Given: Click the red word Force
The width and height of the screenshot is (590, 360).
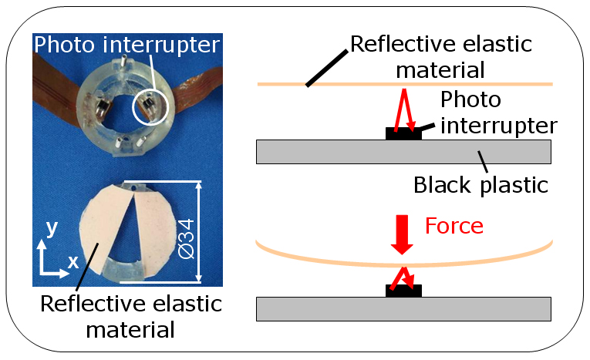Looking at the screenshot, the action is pos(454,226).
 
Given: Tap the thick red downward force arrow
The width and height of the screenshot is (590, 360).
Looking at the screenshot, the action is pos(402,234).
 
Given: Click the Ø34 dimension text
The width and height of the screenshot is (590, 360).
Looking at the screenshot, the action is pos(187,239).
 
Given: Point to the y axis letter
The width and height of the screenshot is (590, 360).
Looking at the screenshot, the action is pos(52,228).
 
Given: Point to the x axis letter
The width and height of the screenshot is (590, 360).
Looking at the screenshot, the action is pos(73,261).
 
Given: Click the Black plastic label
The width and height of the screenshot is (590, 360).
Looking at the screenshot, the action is pos(481,186).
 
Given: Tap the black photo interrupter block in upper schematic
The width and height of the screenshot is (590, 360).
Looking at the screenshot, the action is pos(403,134).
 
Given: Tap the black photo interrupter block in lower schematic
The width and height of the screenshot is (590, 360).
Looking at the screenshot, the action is pos(403,291).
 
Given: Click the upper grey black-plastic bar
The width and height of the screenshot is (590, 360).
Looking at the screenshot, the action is pos(403,152).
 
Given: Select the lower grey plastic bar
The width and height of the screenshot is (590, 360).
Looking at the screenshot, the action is pos(403,309).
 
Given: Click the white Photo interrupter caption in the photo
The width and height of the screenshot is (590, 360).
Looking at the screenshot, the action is pos(126,45).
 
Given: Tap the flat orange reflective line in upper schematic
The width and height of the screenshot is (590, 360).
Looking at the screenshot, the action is pos(405,84).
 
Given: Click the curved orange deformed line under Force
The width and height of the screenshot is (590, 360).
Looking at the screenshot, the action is pos(404,264).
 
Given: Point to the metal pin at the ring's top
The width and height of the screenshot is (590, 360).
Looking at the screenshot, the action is pos(124,60).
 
